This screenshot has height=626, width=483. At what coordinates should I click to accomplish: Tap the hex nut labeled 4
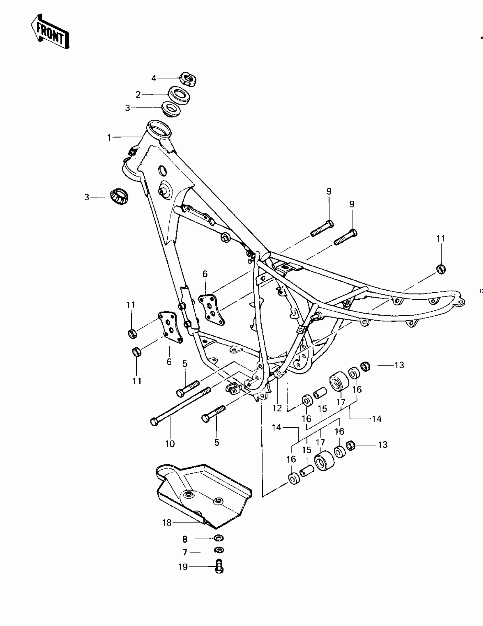click(x=188, y=79)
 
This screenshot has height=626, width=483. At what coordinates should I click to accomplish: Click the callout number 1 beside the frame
click(x=109, y=138)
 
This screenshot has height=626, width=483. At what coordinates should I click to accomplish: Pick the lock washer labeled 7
click(x=219, y=550)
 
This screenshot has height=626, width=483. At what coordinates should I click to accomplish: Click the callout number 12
click(x=277, y=408)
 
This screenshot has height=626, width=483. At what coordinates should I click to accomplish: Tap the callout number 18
click(x=167, y=523)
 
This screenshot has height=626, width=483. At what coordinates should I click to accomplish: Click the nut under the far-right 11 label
click(x=441, y=269)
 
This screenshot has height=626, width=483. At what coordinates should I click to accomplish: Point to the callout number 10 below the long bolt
click(x=170, y=444)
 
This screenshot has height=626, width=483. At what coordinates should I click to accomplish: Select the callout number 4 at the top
click(x=154, y=78)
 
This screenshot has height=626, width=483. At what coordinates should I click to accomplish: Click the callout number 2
click(x=138, y=94)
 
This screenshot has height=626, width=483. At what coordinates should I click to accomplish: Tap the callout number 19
click(x=183, y=567)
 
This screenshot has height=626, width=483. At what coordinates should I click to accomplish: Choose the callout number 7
click(x=185, y=552)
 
